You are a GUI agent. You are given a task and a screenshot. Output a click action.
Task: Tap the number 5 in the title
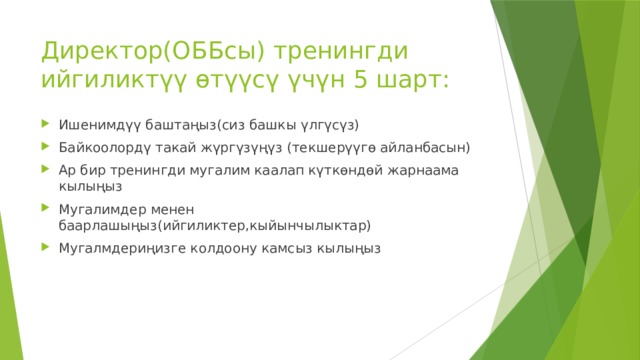coord(363,79)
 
